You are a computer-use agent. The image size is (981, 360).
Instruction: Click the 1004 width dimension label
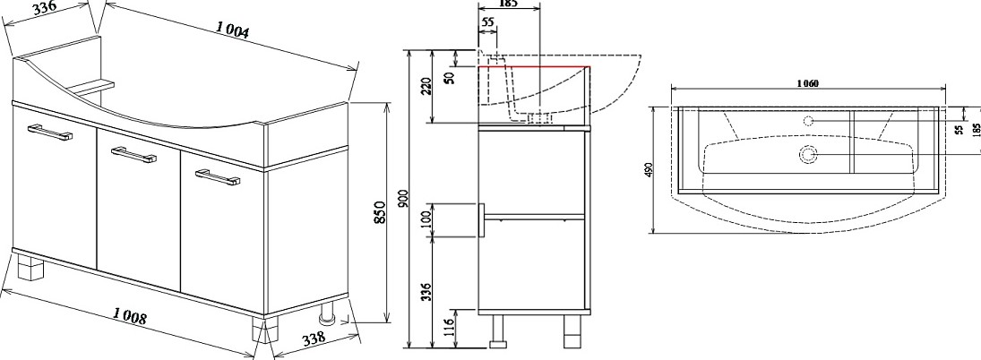click(233, 30)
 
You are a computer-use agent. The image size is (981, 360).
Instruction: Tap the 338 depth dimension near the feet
click(314, 338)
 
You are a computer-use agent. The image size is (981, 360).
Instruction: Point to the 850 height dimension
click(379, 213)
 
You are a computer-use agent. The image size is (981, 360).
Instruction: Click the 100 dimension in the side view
click(426, 219)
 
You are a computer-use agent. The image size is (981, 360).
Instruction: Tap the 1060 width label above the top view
click(808, 82)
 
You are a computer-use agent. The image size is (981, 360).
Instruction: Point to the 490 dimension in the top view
click(649, 171)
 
